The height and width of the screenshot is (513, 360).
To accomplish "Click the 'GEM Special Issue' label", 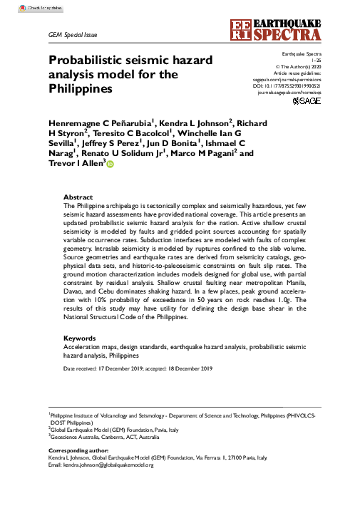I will pyautogui.click(x=72, y=34).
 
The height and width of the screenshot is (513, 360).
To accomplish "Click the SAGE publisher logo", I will pyautogui.click(x=308, y=103).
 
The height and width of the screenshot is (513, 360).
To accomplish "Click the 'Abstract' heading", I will pyautogui.click(x=78, y=197).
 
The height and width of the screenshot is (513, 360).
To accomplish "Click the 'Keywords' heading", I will pyautogui.click(x=80, y=337).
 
